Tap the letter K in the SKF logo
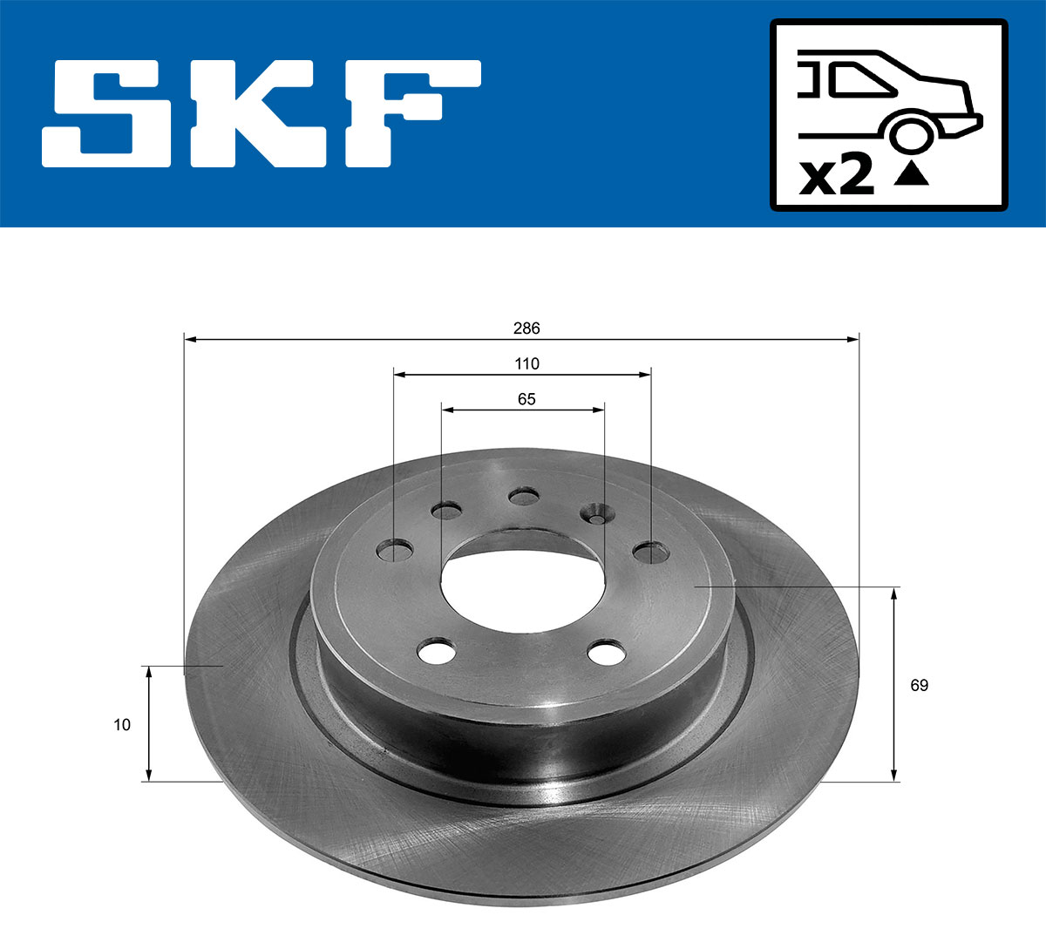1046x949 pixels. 259,113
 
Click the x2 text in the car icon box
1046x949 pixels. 837,176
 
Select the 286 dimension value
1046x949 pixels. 526,329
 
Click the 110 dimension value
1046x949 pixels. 526,363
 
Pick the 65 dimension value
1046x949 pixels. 526,399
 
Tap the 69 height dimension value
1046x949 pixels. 919,685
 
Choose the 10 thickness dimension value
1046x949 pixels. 122,724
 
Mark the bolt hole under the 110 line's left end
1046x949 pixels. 395,551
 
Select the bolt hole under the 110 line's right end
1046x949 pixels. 650,552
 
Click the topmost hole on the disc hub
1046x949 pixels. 524,497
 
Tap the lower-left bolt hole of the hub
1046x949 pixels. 437,651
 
